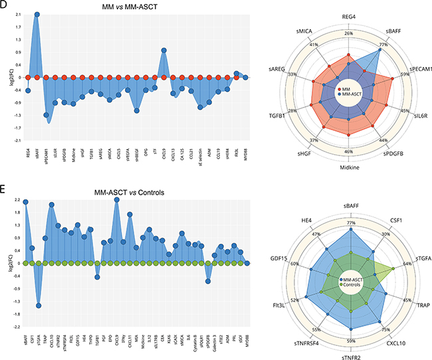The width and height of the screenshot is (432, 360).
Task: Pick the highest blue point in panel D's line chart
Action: [x=37, y=14]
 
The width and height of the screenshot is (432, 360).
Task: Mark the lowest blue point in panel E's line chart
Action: [x=39, y=306]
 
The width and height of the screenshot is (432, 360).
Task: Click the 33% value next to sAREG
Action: [x=292, y=74]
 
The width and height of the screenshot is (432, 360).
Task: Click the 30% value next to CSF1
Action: [x=384, y=233]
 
